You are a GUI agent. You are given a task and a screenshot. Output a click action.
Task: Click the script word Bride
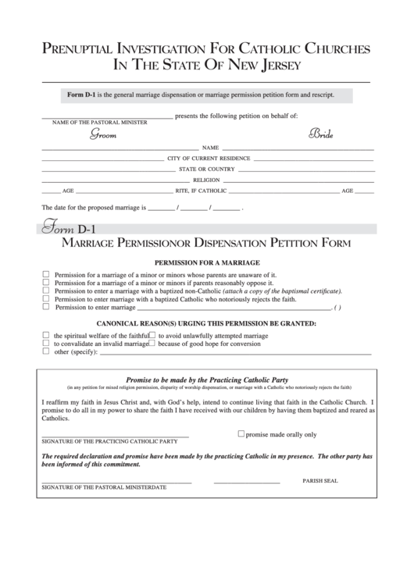click(321, 134)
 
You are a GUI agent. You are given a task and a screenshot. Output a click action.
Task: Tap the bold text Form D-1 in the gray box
click(80, 95)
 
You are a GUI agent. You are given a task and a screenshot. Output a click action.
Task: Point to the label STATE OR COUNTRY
click(207, 169)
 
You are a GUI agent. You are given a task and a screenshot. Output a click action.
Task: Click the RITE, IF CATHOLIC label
click(201, 191)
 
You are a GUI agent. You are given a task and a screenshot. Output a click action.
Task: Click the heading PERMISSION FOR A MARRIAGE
click(207, 263)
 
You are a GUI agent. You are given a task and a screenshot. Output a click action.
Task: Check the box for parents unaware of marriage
click(46, 275)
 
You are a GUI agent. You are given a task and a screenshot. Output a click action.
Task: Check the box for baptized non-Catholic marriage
click(46, 291)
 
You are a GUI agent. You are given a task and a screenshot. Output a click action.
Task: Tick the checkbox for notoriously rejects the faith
click(46, 298)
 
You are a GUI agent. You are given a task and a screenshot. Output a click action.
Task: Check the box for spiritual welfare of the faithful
click(46, 334)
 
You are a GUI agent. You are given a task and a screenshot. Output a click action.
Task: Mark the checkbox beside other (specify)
click(46, 351)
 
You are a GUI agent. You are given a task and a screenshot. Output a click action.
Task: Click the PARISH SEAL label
click(320, 480)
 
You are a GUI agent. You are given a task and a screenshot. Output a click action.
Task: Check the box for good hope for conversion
click(152, 343)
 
